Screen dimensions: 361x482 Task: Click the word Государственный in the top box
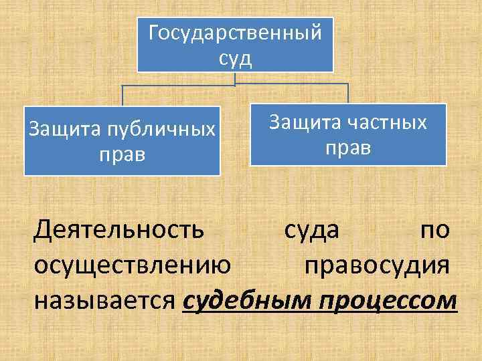click(x=235, y=32)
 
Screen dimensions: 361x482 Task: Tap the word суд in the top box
click(x=235, y=58)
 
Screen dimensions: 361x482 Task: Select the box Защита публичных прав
click(x=122, y=141)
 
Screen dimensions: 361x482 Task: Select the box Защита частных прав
click(x=348, y=134)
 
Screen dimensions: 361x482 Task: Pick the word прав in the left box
click(x=122, y=154)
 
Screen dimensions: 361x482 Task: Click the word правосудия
click(x=376, y=265)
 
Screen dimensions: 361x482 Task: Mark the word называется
click(x=105, y=300)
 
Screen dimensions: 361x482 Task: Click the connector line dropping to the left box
click(x=122, y=96)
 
